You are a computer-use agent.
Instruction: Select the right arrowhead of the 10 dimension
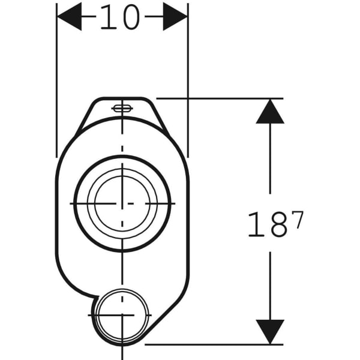coord(175,17)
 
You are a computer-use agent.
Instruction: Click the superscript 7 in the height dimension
coord(298,220)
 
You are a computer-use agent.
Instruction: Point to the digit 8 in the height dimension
coord(277,224)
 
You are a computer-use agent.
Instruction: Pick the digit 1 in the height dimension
coord(254,224)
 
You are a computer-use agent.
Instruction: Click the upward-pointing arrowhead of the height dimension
coord(269,112)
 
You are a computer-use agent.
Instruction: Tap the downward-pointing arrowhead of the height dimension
coord(269,331)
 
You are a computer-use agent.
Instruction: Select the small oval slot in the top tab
coord(122,108)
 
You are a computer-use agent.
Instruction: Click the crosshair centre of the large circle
coord(122,203)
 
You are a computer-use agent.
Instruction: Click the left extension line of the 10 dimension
coord(56,90)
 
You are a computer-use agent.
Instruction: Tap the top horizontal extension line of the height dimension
coord(228,98)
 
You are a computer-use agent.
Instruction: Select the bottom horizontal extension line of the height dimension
coord(228,344)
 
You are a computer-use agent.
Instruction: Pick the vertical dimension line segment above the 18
coord(269,162)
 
